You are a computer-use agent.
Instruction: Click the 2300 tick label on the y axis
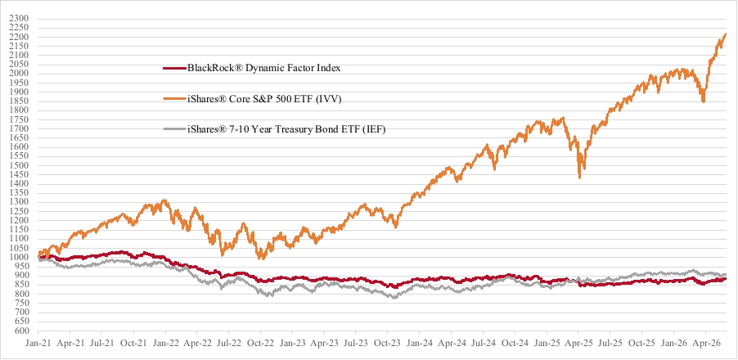tap(21, 18)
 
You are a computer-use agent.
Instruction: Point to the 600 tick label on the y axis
tap(24, 331)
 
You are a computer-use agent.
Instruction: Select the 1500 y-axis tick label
tap(21, 165)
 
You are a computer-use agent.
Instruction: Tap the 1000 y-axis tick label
tap(21, 258)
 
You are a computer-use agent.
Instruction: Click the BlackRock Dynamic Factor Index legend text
tap(264, 68)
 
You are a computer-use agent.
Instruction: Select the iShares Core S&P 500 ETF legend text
tap(264, 99)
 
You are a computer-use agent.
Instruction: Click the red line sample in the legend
tap(174, 68)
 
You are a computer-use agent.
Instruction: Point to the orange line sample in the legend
tap(174, 99)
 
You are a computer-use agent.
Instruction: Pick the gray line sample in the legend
tap(174, 129)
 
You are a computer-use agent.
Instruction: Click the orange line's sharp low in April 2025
tap(579, 178)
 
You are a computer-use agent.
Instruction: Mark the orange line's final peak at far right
tap(725, 34)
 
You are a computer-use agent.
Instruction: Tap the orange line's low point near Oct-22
tap(262, 259)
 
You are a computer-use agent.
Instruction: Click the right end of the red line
tap(725, 278)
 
